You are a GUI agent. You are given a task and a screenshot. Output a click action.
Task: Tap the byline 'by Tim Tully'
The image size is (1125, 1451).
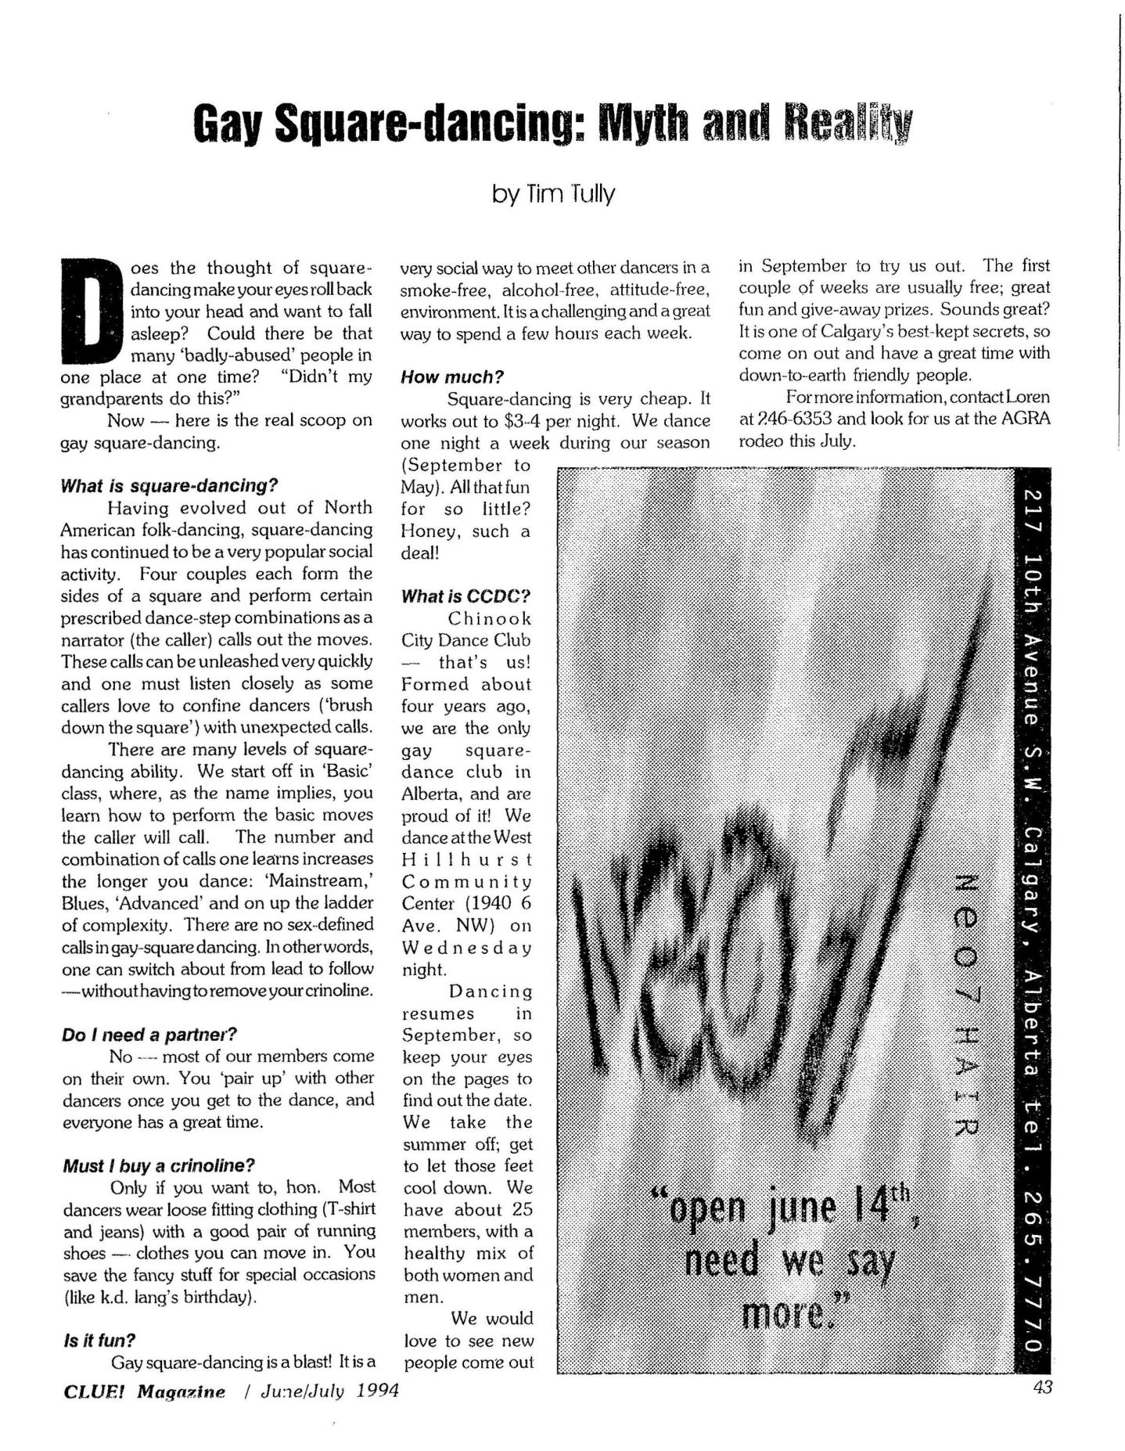553,193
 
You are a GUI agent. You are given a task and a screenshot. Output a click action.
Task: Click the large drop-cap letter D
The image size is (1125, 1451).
92,311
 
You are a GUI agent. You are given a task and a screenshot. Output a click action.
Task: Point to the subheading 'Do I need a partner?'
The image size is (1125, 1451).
149,1035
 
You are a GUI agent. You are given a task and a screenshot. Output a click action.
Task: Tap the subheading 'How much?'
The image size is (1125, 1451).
452,377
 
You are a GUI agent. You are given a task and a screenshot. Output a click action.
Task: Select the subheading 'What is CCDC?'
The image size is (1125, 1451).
466,596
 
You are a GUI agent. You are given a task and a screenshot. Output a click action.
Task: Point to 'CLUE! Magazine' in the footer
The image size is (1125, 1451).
143,1391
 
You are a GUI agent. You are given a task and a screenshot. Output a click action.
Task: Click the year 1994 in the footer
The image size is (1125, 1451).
374,1391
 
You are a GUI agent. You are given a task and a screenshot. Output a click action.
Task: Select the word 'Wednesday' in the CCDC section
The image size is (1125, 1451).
466,947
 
